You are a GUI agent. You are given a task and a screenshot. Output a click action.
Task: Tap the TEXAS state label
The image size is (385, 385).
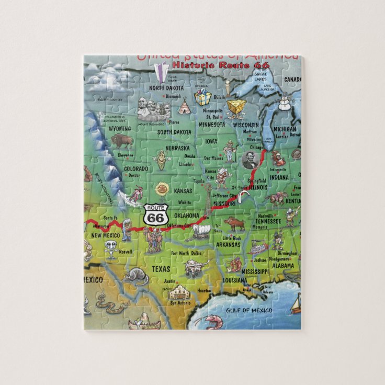(x=161, y=269)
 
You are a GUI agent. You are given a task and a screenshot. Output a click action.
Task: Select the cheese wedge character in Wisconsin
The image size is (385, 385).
(x=236, y=107)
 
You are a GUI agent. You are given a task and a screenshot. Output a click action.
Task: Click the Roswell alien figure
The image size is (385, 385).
(x=111, y=248)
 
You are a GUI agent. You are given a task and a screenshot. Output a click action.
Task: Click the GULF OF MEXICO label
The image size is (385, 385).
(x=249, y=310)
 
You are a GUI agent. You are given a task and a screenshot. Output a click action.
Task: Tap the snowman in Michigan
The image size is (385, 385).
(x=284, y=101)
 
